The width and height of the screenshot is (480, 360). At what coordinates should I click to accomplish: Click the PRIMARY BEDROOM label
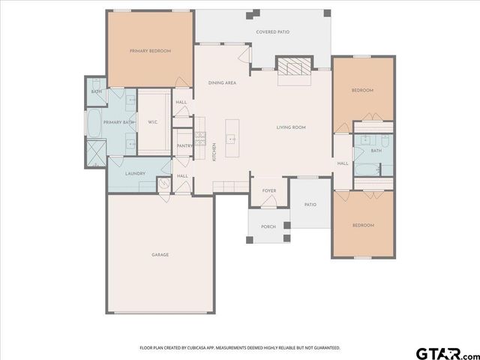[150, 51]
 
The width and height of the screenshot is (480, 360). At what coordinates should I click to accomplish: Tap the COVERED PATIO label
[272, 32]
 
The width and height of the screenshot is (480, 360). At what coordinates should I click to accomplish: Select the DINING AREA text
[222, 82]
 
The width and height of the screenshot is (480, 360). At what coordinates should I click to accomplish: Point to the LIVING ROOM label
[291, 127]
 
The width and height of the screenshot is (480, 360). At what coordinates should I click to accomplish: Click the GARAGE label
[160, 255]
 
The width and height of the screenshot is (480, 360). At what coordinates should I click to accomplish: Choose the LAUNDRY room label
[135, 173]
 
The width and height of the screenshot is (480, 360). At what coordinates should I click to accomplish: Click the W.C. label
[151, 121]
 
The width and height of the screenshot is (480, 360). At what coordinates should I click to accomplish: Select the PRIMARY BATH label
[118, 121]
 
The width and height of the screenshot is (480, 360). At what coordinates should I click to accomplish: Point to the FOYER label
[268, 190]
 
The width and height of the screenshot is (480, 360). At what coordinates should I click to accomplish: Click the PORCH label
[268, 226]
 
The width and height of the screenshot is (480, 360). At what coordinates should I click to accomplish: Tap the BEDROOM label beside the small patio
[362, 225]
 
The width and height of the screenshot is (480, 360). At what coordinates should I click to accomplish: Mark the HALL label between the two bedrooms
[342, 163]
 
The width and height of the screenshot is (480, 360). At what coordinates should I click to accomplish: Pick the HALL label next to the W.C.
[181, 102]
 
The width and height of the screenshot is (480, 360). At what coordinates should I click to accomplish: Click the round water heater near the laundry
[164, 182]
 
